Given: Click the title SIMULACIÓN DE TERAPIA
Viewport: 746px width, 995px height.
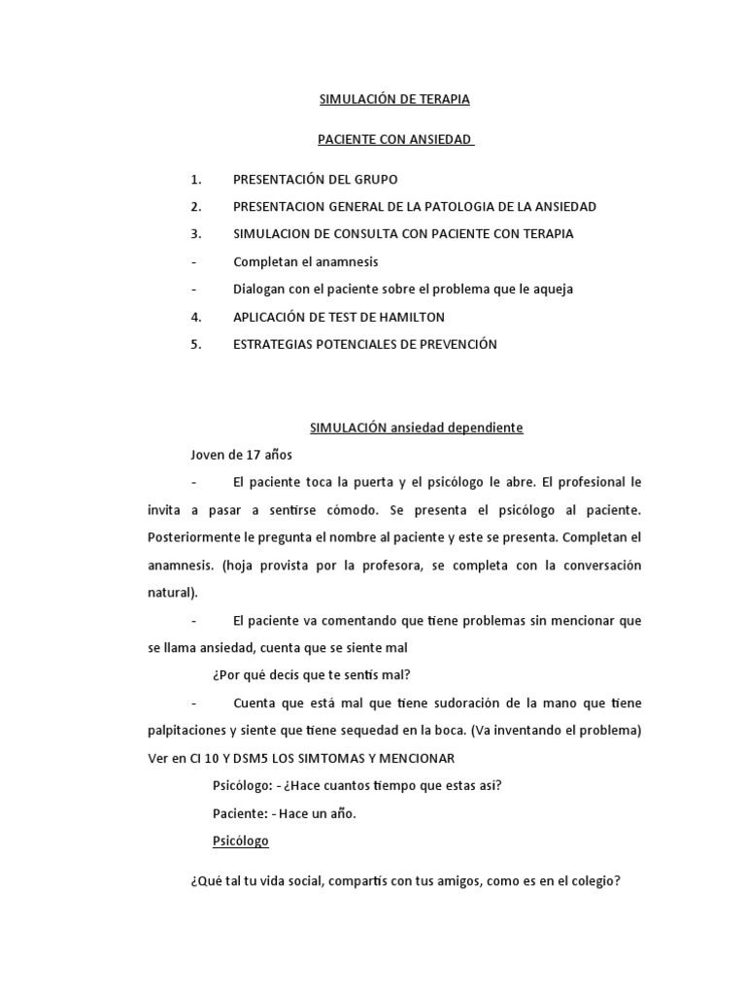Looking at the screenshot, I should click(x=394, y=99).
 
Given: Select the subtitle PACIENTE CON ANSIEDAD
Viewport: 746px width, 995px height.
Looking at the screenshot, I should click(x=394, y=140).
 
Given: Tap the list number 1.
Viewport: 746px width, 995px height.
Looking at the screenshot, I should click(x=196, y=180).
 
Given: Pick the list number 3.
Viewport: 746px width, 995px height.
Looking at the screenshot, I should click(x=196, y=234).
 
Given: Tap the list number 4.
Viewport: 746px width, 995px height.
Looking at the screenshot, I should click(x=196, y=317).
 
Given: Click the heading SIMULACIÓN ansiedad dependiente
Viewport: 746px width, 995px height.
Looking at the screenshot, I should click(x=417, y=427).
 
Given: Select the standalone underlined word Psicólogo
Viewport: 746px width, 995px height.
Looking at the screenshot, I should click(x=240, y=841).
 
